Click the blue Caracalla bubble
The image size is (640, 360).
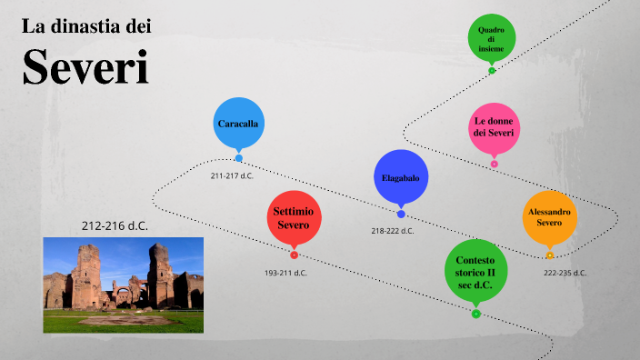click(239, 123)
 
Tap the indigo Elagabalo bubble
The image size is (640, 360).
click(400, 177)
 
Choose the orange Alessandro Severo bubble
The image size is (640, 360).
click(550, 217)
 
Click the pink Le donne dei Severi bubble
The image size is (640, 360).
click(494, 127)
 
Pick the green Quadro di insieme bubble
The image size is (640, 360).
click(491, 39)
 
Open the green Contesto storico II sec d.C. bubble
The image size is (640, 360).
click(475, 272)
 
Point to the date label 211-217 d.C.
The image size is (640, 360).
click(232, 176)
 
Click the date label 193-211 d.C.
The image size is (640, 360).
click(285, 273)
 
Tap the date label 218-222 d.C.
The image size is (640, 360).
click(392, 231)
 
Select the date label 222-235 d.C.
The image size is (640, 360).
click(565, 273)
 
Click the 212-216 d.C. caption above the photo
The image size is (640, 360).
click(115, 225)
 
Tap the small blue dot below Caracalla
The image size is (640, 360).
click(239, 158)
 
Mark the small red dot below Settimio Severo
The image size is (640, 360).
click(294, 255)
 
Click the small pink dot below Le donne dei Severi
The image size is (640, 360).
click(494, 165)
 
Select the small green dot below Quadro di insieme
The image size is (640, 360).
click(491, 70)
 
